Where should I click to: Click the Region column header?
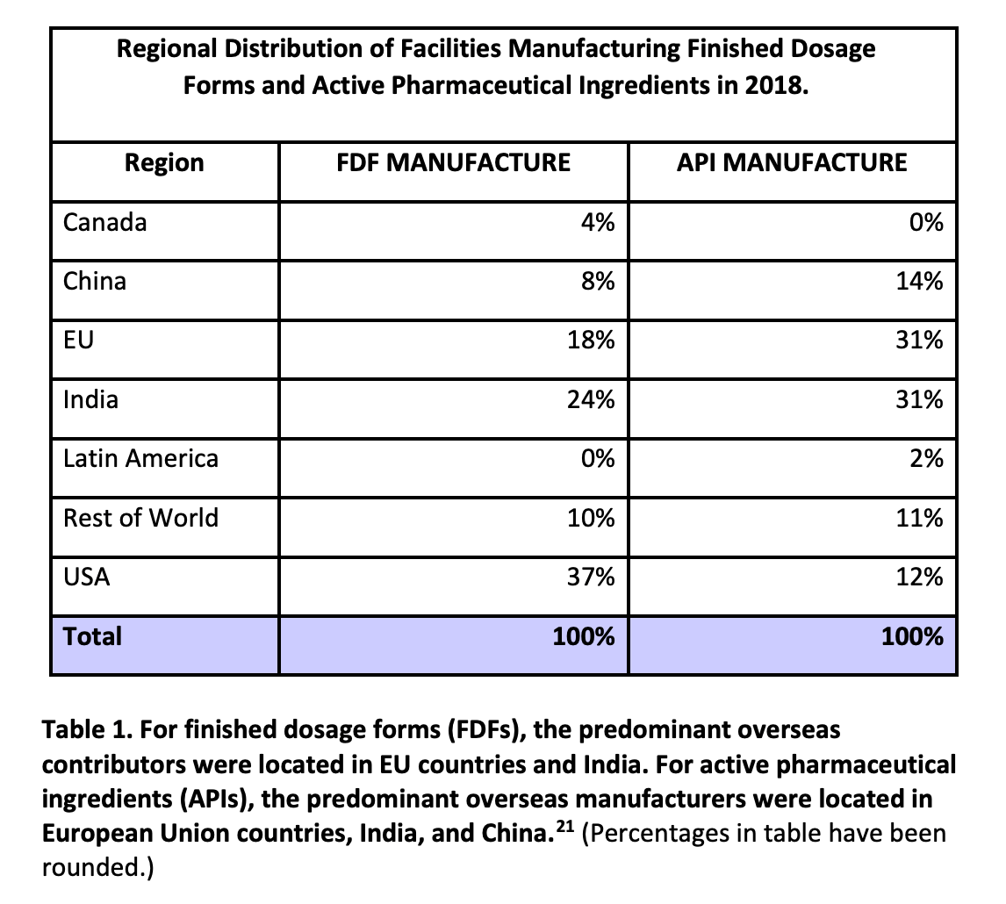pyautogui.click(x=164, y=163)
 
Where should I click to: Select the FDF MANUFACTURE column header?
pyautogui.click(x=453, y=163)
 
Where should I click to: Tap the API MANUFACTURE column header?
pyautogui.click(x=792, y=163)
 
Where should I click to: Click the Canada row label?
pyautogui.click(x=104, y=223)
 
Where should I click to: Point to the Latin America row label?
pyautogui.click(x=140, y=459)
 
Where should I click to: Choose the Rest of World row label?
pyautogui.click(x=140, y=518)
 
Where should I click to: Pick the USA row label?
pyautogui.click(x=87, y=578)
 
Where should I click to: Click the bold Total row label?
pyautogui.click(x=93, y=636)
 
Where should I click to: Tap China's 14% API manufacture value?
pyautogui.click(x=919, y=282)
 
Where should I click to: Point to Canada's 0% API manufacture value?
pyautogui.click(x=925, y=223)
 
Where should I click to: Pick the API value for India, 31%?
pyautogui.click(x=919, y=400)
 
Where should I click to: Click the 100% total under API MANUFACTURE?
pyautogui.click(x=912, y=636)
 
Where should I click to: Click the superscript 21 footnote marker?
pyautogui.click(x=566, y=827)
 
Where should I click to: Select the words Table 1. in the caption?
pyautogui.click(x=85, y=729)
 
